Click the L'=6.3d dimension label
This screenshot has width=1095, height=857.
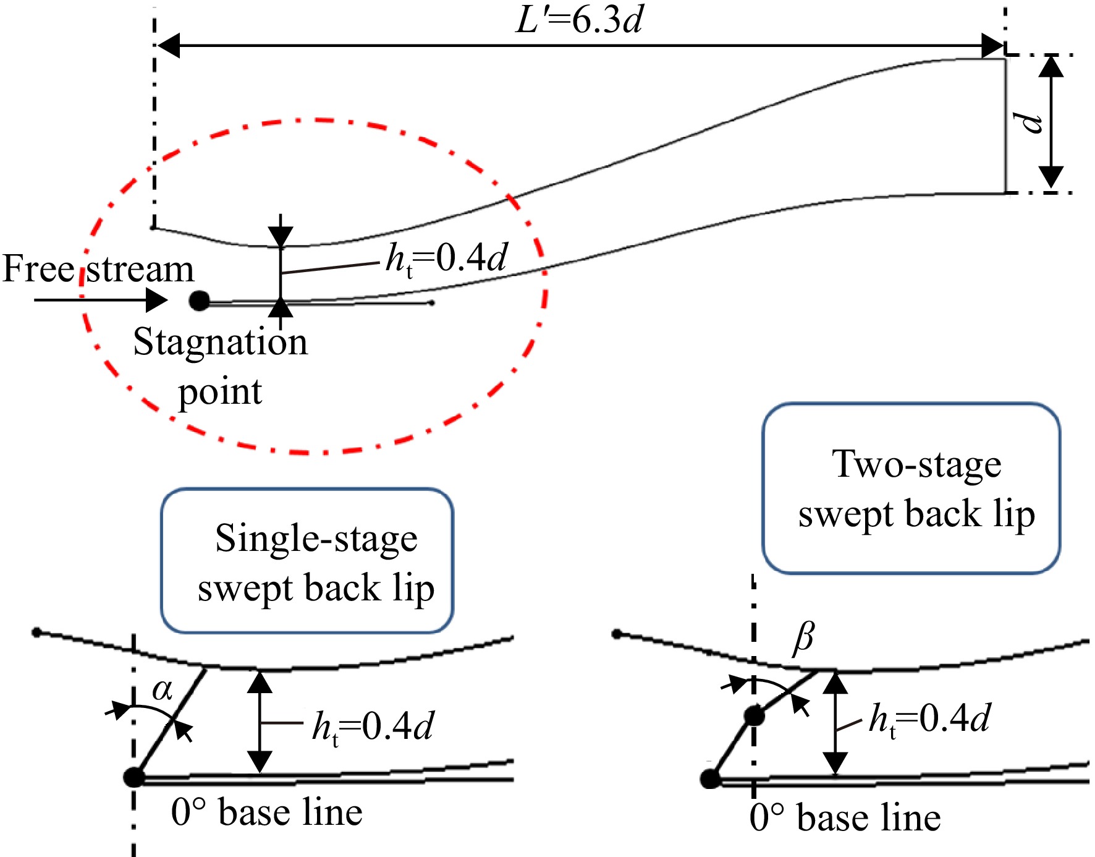point(579,20)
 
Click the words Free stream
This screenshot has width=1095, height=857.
point(98,269)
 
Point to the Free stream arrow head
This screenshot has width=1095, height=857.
point(156,301)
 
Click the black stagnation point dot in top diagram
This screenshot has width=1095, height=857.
point(199,301)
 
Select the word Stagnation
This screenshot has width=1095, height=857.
point(221,342)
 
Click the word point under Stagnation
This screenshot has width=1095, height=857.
point(220,393)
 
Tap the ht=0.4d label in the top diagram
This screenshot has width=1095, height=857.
point(446,259)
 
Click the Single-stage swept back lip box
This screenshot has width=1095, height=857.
point(307,561)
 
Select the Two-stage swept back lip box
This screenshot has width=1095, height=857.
point(911,488)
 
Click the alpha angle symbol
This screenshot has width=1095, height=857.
point(163,689)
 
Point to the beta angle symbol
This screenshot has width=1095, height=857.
point(803,637)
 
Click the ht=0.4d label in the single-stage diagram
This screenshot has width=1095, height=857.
point(373,727)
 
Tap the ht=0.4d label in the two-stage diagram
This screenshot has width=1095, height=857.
point(929,719)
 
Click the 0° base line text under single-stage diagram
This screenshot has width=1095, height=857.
point(266,812)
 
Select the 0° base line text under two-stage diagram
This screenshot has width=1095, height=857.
point(845,817)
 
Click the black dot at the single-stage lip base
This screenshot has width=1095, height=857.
point(133,777)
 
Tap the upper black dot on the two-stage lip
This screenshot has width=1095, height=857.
point(754,717)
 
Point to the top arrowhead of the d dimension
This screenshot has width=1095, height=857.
point(1051,66)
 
